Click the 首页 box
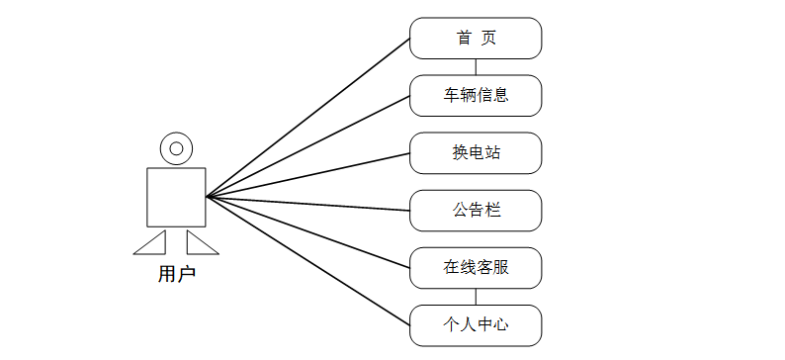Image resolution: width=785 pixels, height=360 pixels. pos(476,38)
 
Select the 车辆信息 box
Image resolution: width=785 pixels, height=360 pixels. pos(476,96)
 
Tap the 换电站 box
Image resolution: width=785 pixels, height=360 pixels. pos(476,153)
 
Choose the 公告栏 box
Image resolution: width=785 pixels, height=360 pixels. pos(476,211)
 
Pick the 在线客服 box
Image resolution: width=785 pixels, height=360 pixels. pos(476,268)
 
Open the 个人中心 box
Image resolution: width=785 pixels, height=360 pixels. pos(476,325)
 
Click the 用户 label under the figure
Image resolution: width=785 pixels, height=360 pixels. pos(176,274)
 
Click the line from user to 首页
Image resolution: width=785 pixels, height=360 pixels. pos(307,118)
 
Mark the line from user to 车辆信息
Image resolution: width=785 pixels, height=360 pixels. pos(307,146)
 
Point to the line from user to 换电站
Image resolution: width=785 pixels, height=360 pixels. pos(307,175)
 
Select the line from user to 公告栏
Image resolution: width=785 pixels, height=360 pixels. pos(307,204)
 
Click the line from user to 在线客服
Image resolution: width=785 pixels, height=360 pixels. pos(307,232)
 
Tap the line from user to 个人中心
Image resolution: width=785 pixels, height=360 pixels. pos(307,261)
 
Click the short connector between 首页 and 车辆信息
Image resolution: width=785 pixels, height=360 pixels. pos(476,67)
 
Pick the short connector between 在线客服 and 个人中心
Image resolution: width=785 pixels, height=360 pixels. pos(476,297)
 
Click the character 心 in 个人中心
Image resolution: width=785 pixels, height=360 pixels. pos(500,325)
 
